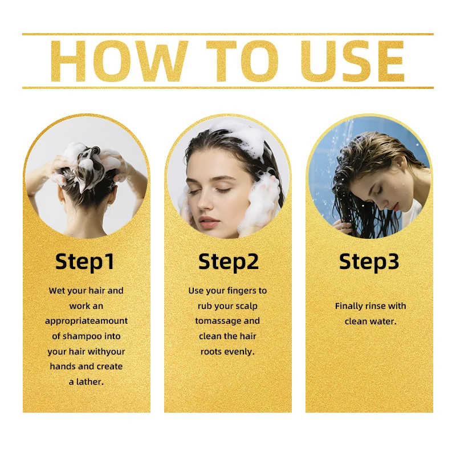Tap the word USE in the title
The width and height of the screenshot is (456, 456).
click(352, 61)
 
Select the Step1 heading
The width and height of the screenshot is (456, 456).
click(84, 262)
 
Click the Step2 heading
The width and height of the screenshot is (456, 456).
click(229, 262)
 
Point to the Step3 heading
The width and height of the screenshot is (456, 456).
click(369, 262)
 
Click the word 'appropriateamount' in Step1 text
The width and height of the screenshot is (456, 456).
click(87, 321)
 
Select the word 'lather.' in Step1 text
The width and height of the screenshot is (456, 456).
click(90, 381)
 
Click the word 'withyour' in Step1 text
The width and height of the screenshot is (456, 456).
click(107, 352)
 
